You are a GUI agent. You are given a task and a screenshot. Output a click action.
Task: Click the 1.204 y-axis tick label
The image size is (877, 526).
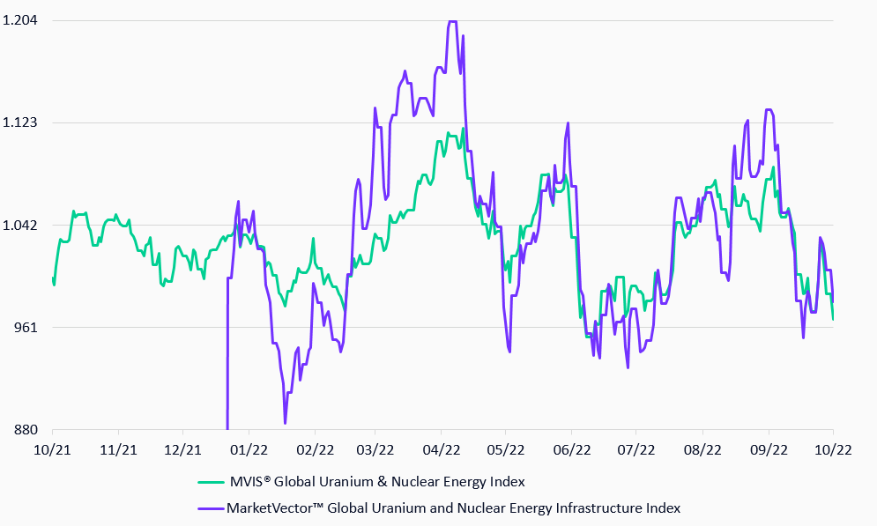19,20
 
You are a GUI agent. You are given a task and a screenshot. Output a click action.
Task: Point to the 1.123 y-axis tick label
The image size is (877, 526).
19,122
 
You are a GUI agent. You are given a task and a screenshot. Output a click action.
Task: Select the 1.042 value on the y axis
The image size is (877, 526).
19,225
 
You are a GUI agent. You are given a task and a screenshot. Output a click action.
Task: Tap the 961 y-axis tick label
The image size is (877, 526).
26,327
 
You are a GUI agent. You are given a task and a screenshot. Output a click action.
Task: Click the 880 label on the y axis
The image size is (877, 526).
26,430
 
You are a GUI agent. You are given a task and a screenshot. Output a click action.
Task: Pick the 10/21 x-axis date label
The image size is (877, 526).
52,448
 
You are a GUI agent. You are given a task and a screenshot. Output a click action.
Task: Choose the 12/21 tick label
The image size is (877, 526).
182,448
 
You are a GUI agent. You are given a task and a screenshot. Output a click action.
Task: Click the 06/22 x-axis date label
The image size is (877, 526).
571,448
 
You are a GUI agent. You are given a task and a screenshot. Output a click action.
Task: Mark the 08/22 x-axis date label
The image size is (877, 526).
702,448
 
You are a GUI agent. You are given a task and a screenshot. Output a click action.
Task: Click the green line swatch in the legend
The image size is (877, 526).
210,482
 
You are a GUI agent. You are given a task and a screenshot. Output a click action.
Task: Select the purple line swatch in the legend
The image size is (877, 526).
210,508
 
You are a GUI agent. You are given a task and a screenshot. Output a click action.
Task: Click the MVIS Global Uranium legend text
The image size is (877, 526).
376,482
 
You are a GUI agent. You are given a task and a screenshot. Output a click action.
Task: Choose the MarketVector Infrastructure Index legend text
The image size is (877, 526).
453,508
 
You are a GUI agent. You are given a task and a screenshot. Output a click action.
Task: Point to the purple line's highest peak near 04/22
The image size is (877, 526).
452,22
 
